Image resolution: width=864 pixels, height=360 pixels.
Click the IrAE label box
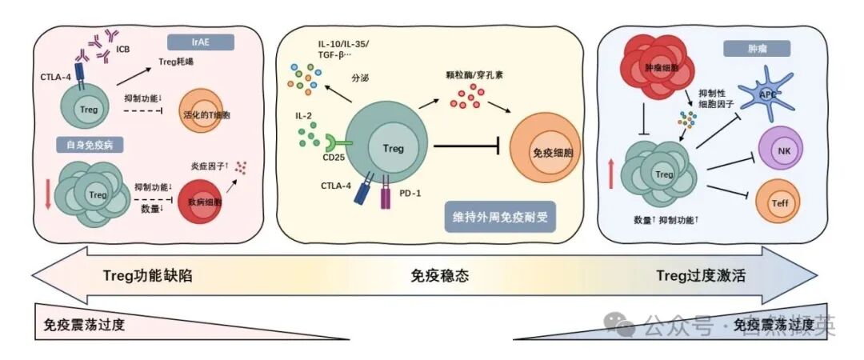pos(201,42)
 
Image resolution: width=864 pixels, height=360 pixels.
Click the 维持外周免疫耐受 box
pos(502,217)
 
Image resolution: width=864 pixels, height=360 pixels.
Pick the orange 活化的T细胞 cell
pos(214,113)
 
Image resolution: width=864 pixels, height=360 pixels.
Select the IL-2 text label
pos(304,117)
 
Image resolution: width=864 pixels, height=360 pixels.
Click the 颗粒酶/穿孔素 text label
pos(480,77)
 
